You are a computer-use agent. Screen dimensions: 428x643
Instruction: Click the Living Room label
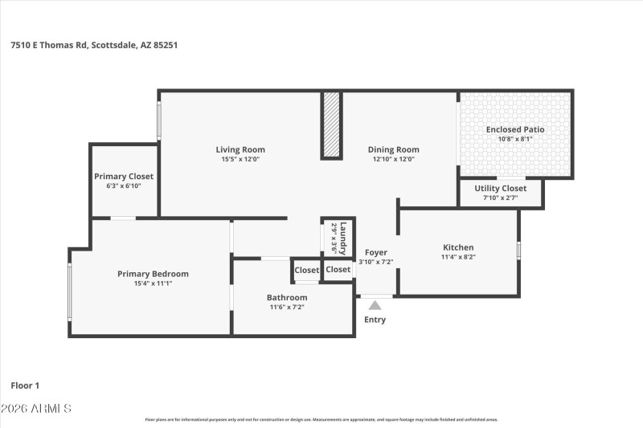pyautogui.click(x=240, y=149)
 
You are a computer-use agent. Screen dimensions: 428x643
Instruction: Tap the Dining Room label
pyautogui.click(x=393, y=149)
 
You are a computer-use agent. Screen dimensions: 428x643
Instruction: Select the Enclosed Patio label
pyautogui.click(x=515, y=129)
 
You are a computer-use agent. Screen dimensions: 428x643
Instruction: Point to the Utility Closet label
pyautogui.click(x=500, y=188)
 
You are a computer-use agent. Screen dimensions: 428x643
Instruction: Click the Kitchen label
pyautogui.click(x=458, y=247)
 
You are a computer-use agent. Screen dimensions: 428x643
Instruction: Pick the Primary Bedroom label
pyautogui.click(x=153, y=274)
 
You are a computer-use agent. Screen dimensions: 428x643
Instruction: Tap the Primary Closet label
pyautogui.click(x=124, y=176)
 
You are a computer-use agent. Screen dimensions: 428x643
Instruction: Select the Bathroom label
pyautogui.click(x=287, y=297)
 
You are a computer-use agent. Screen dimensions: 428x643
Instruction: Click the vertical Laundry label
pyautogui.click(x=343, y=237)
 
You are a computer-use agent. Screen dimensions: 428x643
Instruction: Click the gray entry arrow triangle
pyautogui.click(x=375, y=304)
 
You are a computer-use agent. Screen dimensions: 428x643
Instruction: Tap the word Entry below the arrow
pyautogui.click(x=375, y=320)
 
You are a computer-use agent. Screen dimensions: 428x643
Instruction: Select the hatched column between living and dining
pyautogui.click(x=331, y=124)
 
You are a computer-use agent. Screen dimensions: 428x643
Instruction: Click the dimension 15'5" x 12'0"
pyautogui.click(x=240, y=159)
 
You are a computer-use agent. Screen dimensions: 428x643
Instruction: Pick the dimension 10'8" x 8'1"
pyautogui.click(x=515, y=139)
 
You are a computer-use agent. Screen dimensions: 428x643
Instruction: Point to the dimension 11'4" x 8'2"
pyautogui.click(x=458, y=257)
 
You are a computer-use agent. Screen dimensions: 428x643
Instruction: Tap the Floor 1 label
pyautogui.click(x=25, y=385)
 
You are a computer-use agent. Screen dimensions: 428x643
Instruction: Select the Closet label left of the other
pyautogui.click(x=306, y=271)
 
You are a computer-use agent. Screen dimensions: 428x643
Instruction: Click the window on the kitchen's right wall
pyautogui.click(x=518, y=251)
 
